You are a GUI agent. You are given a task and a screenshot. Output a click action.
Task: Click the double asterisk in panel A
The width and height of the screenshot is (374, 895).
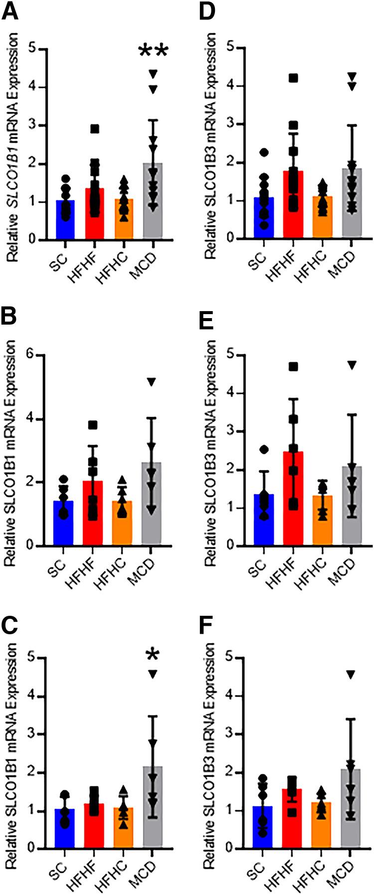153,51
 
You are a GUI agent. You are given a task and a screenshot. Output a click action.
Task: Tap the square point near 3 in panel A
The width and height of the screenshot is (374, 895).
94,129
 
